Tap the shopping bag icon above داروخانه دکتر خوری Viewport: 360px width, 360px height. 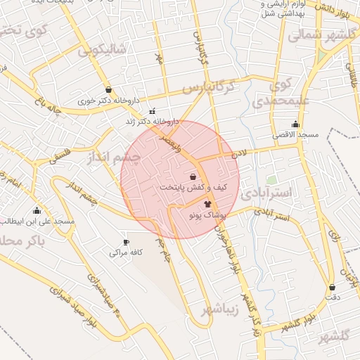click(108, 89)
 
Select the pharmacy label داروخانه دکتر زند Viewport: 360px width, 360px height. click(153, 122)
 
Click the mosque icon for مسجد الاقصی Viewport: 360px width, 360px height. click(295, 124)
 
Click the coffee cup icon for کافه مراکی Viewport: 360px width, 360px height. click(127, 242)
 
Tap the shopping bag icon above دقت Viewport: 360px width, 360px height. click(332, 287)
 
